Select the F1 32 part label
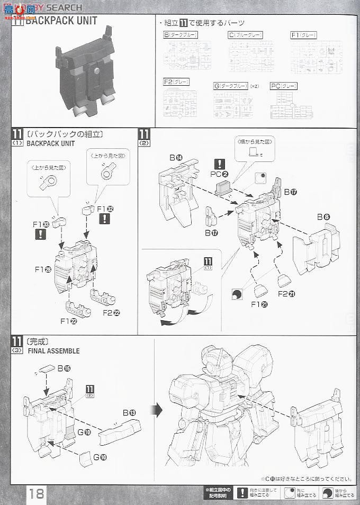coord(105,209)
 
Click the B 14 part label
coord(176,158)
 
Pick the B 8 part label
coord(323,217)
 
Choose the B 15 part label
coord(64,367)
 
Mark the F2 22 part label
coord(111,312)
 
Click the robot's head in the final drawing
coord(214,366)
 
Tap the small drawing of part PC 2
coord(222,187)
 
